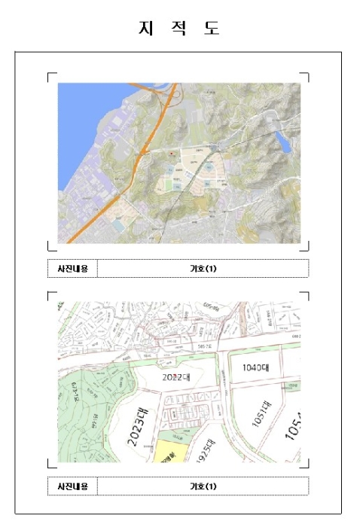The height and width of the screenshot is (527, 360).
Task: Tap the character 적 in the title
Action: click(179, 29)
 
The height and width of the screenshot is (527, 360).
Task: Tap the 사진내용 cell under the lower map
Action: click(72, 486)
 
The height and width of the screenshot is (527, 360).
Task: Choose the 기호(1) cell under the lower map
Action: click(203, 486)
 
